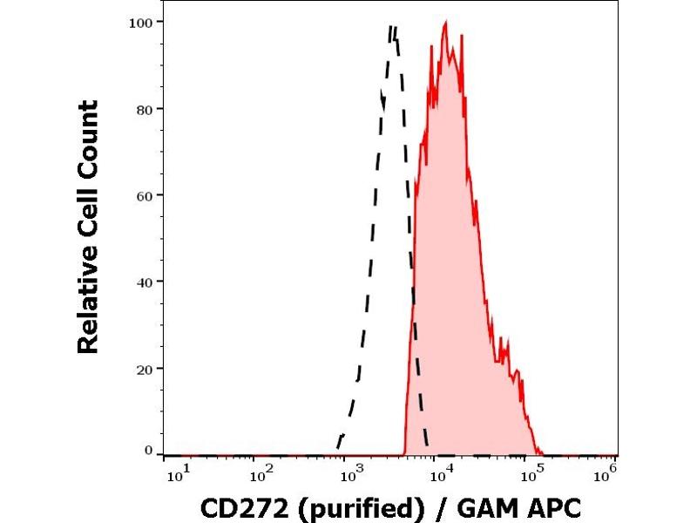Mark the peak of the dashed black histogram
tap(393, 27)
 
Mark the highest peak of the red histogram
tap(445, 24)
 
